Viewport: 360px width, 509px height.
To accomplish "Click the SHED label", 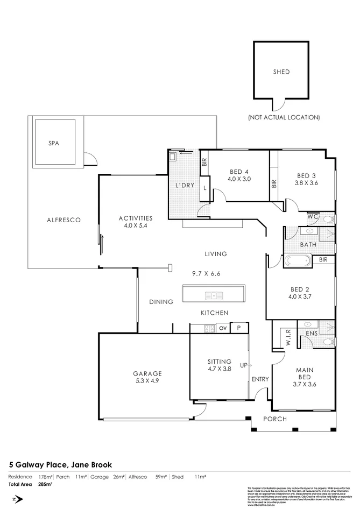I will (281, 72).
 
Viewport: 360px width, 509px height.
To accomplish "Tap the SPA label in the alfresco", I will (53, 143).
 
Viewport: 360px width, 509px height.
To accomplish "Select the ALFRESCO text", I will (63, 220).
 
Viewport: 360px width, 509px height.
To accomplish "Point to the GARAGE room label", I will (147, 373).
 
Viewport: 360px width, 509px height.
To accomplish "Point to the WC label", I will (314, 216).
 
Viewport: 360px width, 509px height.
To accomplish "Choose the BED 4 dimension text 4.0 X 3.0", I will (239, 179).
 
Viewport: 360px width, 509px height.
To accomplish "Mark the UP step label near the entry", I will (243, 365).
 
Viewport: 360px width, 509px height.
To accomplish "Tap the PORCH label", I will (275, 419).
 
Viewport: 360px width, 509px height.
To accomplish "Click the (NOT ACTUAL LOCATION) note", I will (284, 117).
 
